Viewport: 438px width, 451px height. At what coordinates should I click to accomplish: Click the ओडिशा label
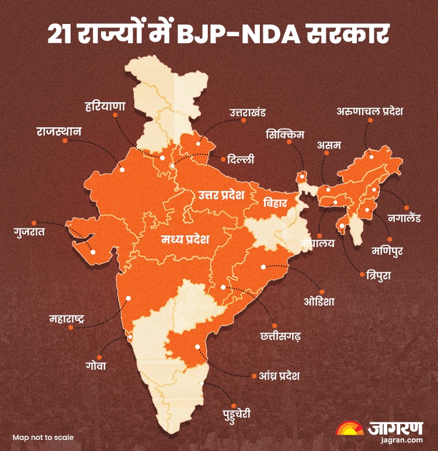[x=319, y=301]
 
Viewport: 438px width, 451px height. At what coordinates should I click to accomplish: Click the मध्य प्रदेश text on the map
[x=185, y=240]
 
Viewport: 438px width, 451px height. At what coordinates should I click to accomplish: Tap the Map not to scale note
[x=43, y=436]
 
